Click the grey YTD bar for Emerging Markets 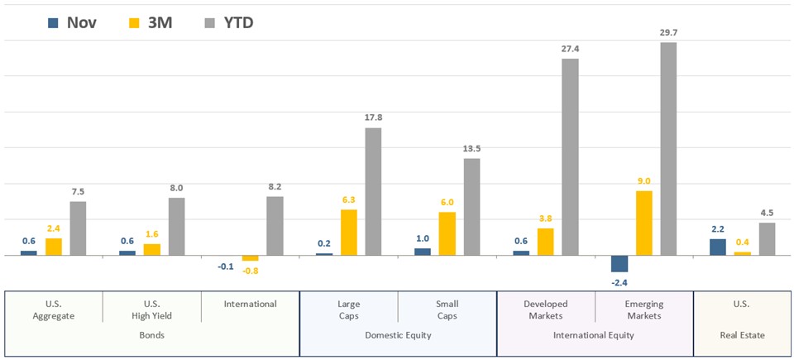[x=668, y=149]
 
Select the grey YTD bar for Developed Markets [x=570, y=157]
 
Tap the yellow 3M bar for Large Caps [x=349, y=233]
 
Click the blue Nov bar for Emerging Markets [x=619, y=263]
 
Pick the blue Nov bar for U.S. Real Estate [x=718, y=247]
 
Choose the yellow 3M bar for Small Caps [x=447, y=233]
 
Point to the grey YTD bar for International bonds [x=275, y=226]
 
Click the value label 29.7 [x=668, y=33]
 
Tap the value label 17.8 [x=374, y=118]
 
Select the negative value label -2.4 [x=619, y=281]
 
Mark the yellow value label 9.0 [x=644, y=181]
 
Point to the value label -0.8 [x=250, y=271]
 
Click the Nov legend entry [x=72, y=23]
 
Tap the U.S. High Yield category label [x=151, y=310]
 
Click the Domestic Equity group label [x=398, y=335]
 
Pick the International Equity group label [x=595, y=335]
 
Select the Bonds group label [x=151, y=335]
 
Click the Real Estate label [x=742, y=335]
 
